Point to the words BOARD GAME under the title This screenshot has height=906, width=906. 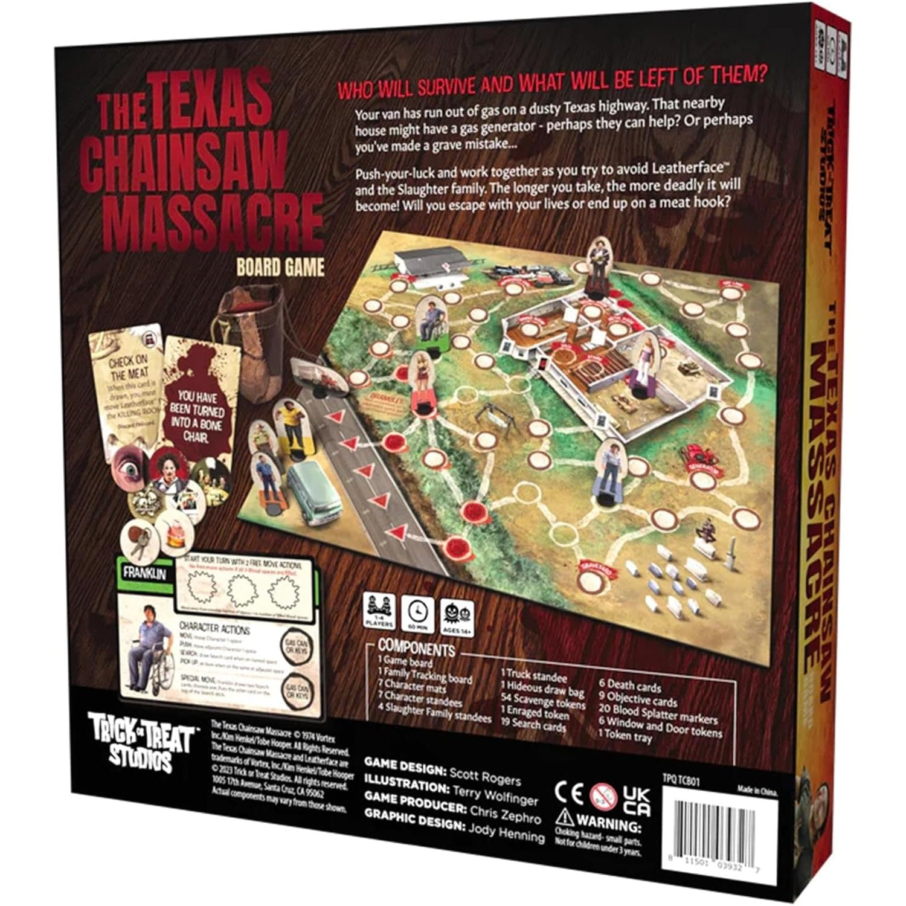click(280, 266)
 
